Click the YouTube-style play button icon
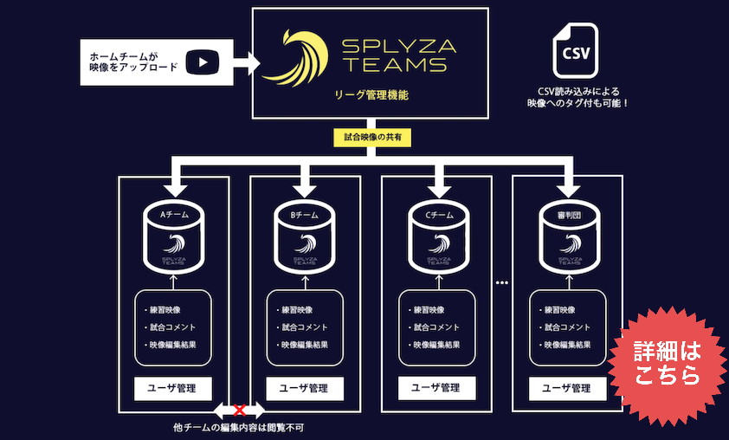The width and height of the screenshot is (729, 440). [203, 61]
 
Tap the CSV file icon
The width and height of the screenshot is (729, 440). [575, 53]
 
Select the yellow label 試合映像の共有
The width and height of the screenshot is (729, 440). [371, 137]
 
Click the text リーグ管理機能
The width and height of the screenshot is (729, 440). [371, 94]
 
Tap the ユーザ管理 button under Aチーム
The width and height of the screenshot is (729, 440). [173, 388]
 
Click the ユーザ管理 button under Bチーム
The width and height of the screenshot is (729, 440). [305, 388]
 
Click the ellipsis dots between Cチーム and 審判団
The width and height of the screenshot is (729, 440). [502, 283]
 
